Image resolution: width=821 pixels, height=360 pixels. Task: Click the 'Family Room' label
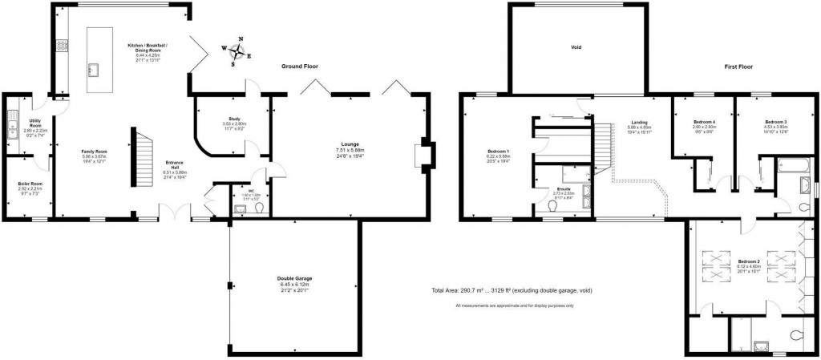95,151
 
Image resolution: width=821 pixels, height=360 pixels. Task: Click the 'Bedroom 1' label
499,151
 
